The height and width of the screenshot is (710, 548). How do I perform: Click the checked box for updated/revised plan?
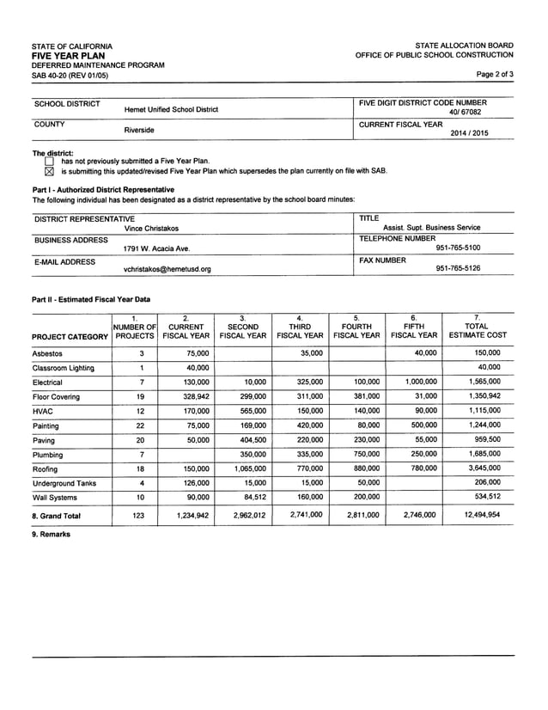pyautogui.click(x=49, y=171)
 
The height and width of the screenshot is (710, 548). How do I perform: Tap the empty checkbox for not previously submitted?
pyautogui.click(x=49, y=161)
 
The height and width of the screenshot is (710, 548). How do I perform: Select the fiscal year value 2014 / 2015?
pyautogui.click(x=467, y=133)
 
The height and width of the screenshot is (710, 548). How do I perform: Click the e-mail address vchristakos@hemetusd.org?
pyautogui.click(x=167, y=269)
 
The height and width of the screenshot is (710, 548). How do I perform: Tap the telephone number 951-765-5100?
pyautogui.click(x=458, y=248)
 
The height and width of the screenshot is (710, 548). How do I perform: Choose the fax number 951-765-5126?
pyautogui.click(x=458, y=268)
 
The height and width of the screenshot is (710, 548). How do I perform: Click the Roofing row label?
pyautogui.click(x=47, y=469)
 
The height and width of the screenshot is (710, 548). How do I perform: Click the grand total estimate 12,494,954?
pyautogui.click(x=482, y=515)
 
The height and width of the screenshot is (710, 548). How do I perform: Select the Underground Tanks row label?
pyautogui.click(x=64, y=484)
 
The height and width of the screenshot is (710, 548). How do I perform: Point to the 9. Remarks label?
pyautogui.click(x=51, y=535)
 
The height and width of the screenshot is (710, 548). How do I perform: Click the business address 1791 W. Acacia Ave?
pyautogui.click(x=156, y=248)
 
